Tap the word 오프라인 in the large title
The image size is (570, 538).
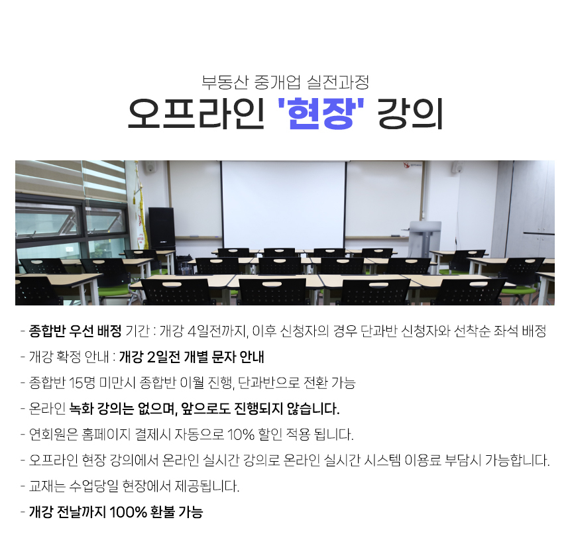click(196, 113)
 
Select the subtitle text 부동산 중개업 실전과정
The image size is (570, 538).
click(286, 82)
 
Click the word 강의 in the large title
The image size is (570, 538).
click(410, 113)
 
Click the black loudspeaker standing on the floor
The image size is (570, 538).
click(162, 227)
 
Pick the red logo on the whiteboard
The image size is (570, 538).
click(407, 166)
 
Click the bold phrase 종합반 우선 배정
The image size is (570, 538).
click(75, 331)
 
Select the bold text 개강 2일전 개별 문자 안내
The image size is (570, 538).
click(192, 357)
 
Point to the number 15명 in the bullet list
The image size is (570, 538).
click(82, 383)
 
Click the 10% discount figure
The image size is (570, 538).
click(241, 435)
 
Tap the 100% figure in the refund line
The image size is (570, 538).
click(128, 512)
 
